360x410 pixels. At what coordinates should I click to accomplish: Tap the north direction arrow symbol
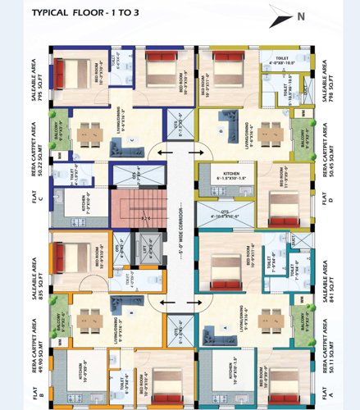pos(280,18)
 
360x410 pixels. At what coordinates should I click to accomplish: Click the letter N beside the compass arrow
pos(301,16)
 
